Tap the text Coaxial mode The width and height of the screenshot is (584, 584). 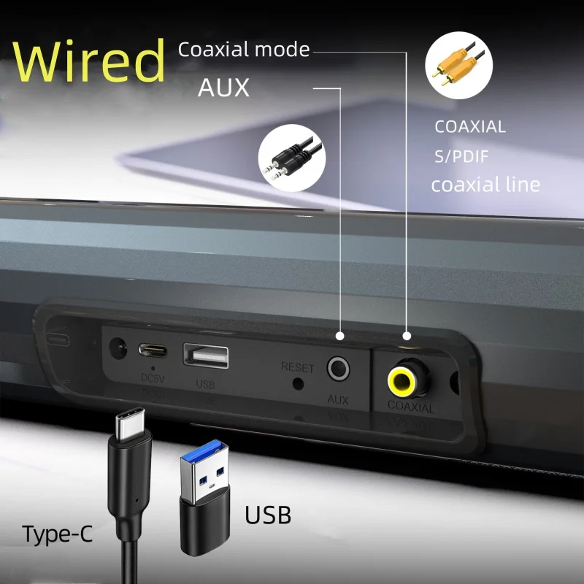(244, 50)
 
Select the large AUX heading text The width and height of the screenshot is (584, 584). (223, 88)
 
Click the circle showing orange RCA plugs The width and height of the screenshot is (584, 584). (458, 64)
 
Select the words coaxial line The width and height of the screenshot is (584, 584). (485, 185)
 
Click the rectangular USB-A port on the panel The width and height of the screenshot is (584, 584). (206, 356)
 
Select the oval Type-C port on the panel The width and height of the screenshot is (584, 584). (153, 348)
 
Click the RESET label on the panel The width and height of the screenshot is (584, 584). (297, 366)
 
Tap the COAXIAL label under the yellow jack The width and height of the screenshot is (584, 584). (410, 407)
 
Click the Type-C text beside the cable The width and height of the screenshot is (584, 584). (58, 534)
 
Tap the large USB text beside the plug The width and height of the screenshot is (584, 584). (268, 515)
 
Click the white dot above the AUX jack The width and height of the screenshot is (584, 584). (339, 337)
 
